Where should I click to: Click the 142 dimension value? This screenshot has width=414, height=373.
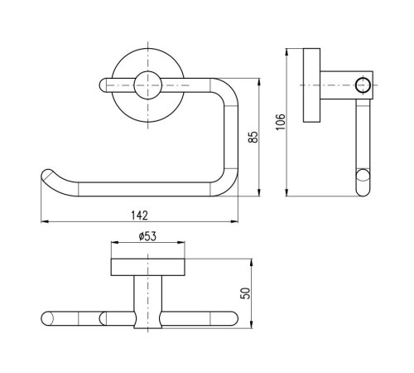click(140, 216)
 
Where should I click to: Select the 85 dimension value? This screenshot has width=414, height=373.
click(253, 137)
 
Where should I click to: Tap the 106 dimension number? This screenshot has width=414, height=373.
click(281, 122)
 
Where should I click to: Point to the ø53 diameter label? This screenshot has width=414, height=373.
click(147, 236)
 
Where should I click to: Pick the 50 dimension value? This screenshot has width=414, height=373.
click(245, 293)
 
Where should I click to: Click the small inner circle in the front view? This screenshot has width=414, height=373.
click(148, 85)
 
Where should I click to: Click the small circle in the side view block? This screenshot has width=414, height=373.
click(363, 85)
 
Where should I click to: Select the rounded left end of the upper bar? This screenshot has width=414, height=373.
click(103, 85)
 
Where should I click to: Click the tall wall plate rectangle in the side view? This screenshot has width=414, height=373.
click(311, 85)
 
